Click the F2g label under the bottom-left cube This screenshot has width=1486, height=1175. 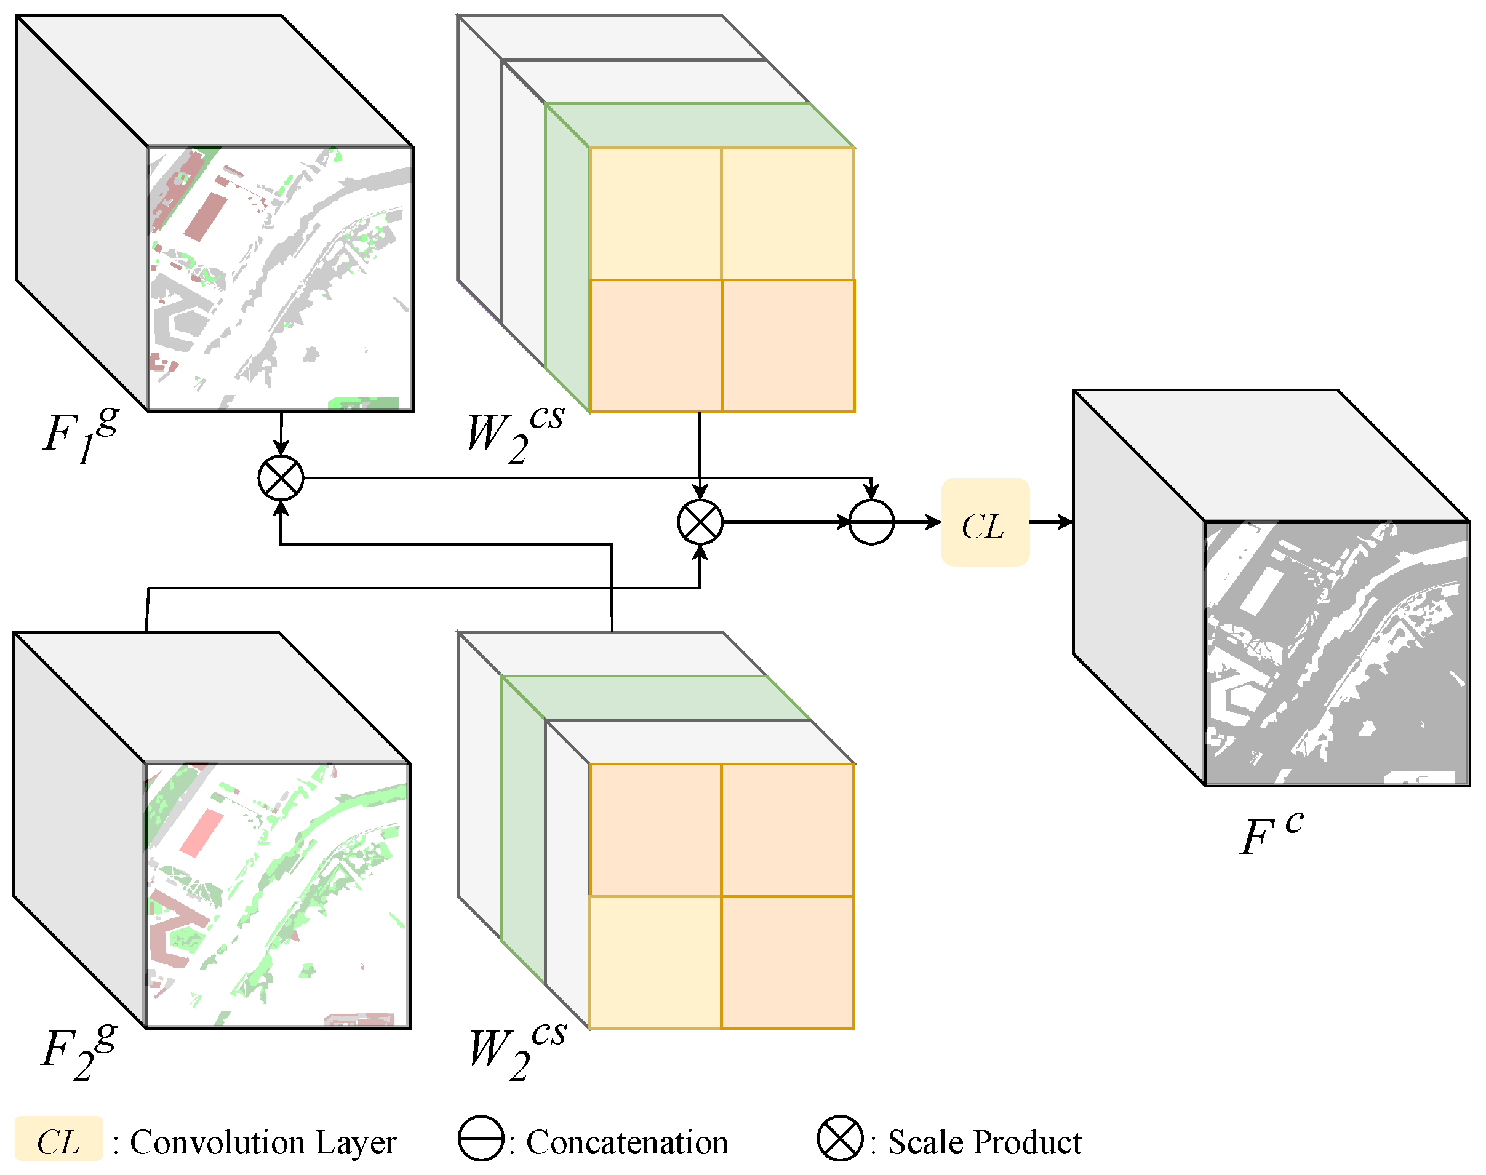coord(77,1050)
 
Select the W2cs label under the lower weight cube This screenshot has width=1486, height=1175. coord(516,1050)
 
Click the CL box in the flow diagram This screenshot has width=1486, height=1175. coord(985,522)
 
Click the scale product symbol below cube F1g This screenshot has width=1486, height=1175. coord(281,478)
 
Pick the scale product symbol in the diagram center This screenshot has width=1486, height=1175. coord(700,522)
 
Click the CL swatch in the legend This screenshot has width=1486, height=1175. coord(58,1142)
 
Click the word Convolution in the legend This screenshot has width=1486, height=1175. coord(217,1142)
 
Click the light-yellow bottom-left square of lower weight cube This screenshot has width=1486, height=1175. coord(655,962)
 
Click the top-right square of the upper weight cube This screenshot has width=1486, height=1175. coord(788,213)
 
